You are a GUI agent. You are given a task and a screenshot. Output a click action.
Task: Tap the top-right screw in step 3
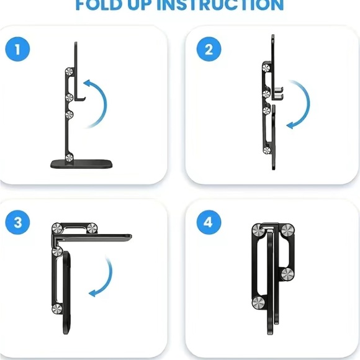[91, 228]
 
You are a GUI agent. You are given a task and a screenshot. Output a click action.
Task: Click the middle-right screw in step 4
[287, 275]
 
